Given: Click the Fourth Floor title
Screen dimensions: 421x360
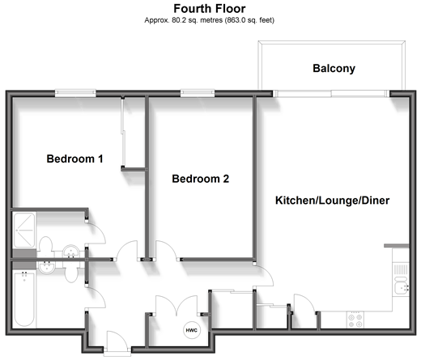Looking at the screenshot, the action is click(x=210, y=9).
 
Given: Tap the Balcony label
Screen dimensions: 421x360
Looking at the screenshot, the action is click(x=334, y=69).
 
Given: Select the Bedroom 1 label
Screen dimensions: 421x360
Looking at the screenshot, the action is click(x=74, y=159).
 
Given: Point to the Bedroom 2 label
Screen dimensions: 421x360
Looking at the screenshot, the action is click(x=201, y=179).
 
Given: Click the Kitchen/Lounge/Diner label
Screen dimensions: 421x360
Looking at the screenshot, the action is click(x=332, y=201).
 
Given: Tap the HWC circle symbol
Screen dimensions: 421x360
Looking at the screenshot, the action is click(x=192, y=330).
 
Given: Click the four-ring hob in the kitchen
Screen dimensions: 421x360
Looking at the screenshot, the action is click(x=355, y=320).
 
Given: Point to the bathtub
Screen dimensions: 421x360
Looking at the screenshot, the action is click(x=24, y=299).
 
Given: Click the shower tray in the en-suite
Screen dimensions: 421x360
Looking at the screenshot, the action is click(x=24, y=230).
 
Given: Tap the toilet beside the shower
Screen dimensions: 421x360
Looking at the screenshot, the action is click(x=45, y=246).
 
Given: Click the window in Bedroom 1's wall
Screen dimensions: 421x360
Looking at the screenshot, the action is click(x=75, y=93).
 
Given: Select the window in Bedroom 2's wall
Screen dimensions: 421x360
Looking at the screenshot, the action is click(x=198, y=93).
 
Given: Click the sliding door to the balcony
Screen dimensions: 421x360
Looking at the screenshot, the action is click(x=331, y=94).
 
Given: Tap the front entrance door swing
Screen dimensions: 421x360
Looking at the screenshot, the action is click(x=117, y=341).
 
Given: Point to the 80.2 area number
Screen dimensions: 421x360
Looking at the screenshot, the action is click(x=179, y=20).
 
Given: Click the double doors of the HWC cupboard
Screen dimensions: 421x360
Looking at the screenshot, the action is click(x=176, y=305).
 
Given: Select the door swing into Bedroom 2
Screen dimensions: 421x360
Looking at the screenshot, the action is click(x=167, y=251).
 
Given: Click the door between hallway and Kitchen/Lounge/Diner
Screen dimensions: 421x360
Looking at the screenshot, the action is click(x=264, y=275).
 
